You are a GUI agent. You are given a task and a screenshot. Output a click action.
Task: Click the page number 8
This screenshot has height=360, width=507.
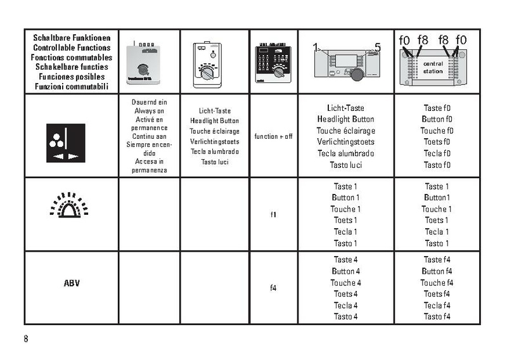coord(26,338)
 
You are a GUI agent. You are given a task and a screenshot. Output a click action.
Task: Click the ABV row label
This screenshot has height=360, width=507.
coord(72,283)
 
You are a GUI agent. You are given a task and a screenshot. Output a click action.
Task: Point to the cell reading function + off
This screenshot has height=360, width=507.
coord(274,136)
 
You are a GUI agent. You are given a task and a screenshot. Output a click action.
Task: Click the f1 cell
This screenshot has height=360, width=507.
coord(274,215)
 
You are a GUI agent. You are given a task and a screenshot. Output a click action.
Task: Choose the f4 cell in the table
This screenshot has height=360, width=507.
coord(274,288)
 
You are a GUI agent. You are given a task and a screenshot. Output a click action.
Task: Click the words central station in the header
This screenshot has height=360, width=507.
coord(433,68)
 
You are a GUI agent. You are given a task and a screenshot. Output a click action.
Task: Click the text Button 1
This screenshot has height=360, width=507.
coord(345,198)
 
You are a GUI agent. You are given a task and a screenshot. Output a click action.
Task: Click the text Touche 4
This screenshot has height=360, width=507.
coord(345,283)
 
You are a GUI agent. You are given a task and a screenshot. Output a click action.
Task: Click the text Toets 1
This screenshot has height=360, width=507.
coord(345,221)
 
